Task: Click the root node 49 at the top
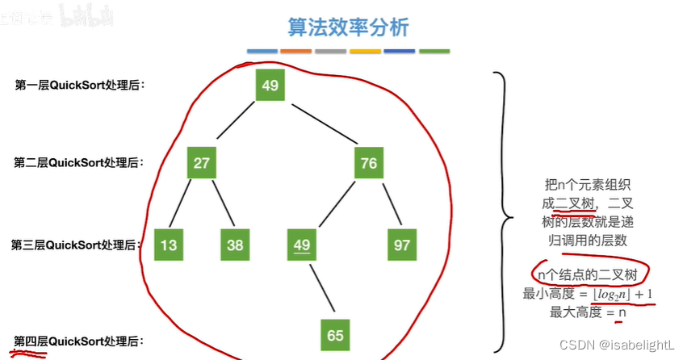pyautogui.click(x=270, y=86)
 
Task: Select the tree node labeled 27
pyautogui.click(x=202, y=163)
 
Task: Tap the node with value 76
pyautogui.click(x=369, y=163)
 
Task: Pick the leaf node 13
pyautogui.click(x=168, y=245)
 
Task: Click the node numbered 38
pyautogui.click(x=235, y=245)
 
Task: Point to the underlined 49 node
pyautogui.click(x=302, y=245)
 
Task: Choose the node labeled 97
pyautogui.click(x=401, y=245)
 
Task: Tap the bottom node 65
pyautogui.click(x=336, y=334)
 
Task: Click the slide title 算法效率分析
pyautogui.click(x=348, y=27)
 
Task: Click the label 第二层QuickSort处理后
pyautogui.click(x=80, y=162)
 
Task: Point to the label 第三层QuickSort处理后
pyautogui.click(x=76, y=244)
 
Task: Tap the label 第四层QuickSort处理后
pyautogui.click(x=80, y=341)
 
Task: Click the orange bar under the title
pyautogui.click(x=296, y=52)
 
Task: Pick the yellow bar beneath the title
pyautogui.click(x=365, y=52)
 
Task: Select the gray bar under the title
pyautogui.click(x=330, y=52)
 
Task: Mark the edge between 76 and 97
pyautogui.click(x=387, y=204)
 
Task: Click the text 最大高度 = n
pyautogui.click(x=588, y=312)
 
